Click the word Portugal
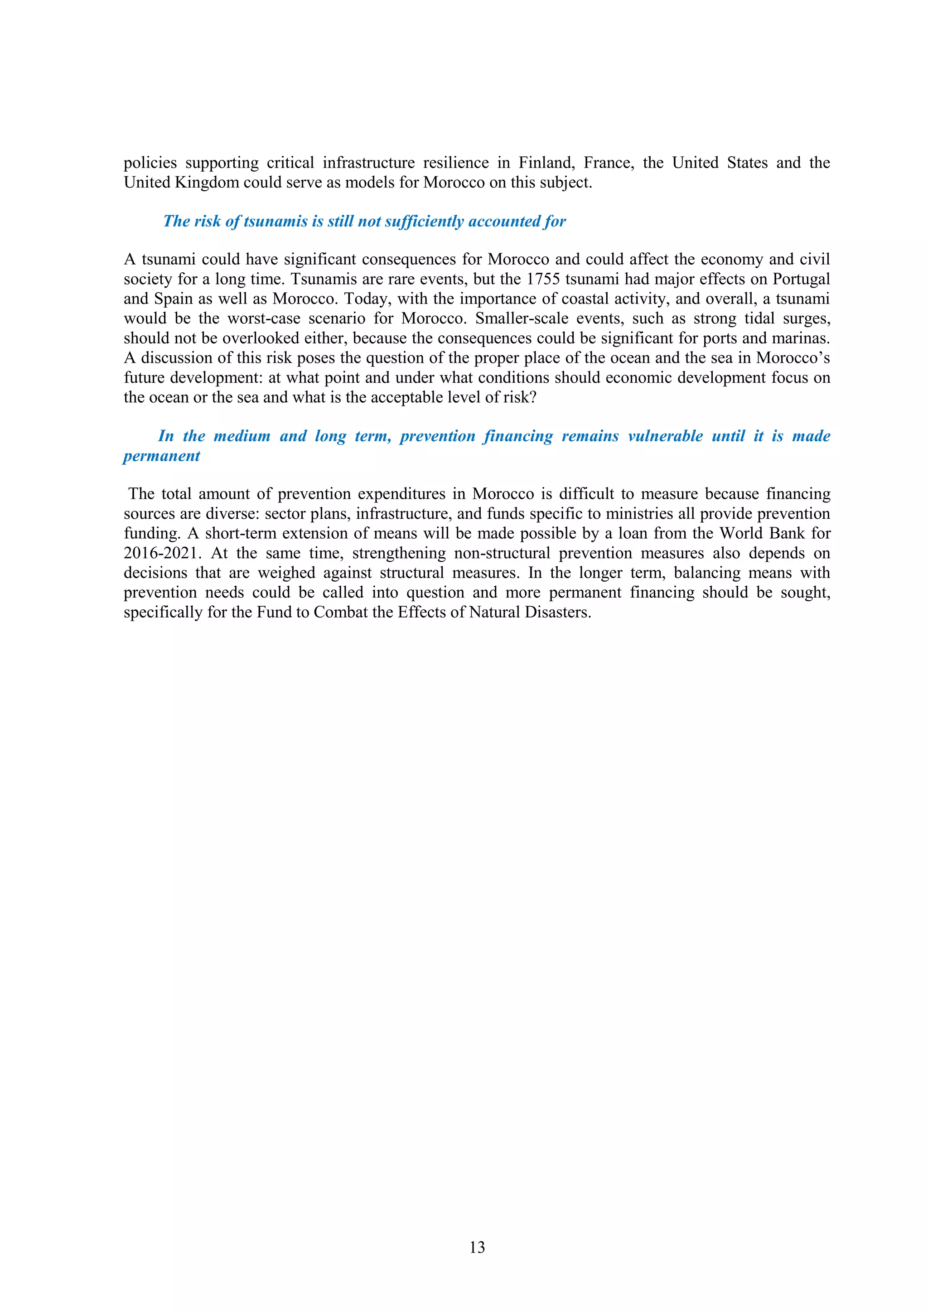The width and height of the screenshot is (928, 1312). coord(801,280)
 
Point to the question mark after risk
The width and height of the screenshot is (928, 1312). coord(533,397)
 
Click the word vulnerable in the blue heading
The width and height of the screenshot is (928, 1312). coord(665,437)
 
